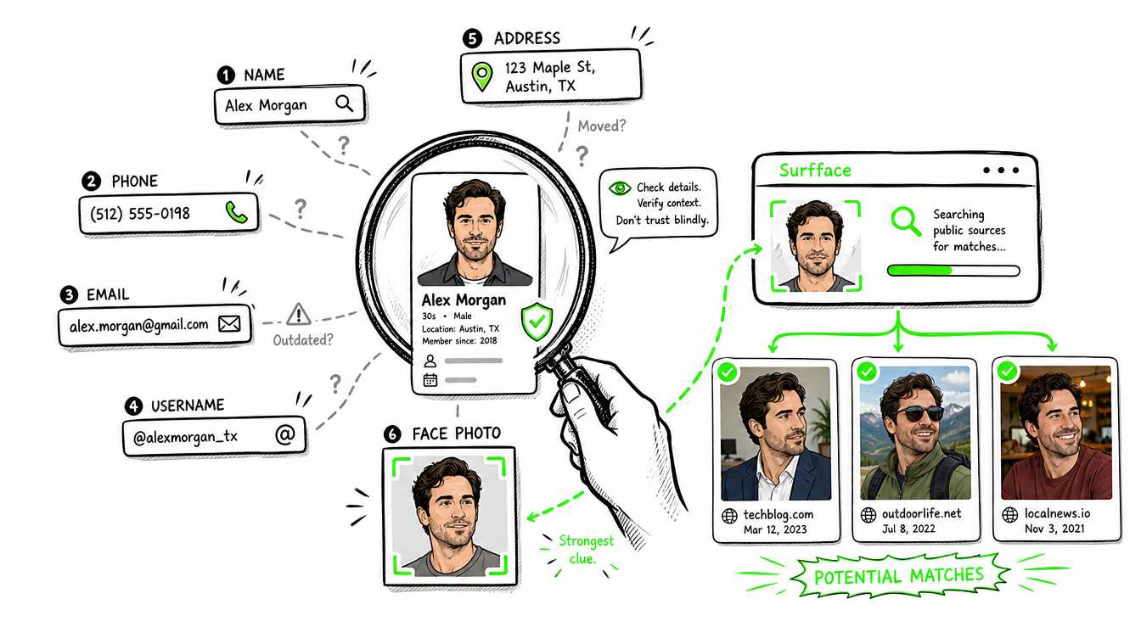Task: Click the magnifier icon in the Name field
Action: coord(345,104)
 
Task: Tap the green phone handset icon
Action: coord(236,212)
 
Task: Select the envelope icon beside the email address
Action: coord(229,323)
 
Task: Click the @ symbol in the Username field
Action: coord(285,434)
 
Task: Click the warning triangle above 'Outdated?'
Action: coord(299,314)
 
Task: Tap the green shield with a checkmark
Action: coord(537,322)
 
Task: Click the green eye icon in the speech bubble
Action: coord(620,188)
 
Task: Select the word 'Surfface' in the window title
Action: coord(815,170)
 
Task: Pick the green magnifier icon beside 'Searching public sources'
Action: coord(906,221)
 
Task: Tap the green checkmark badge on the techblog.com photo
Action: coord(727,372)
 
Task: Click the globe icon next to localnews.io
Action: coord(1009,515)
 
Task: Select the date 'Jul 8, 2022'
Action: coord(908,529)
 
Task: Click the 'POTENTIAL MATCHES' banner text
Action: coord(898,576)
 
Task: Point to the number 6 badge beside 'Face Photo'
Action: coord(391,434)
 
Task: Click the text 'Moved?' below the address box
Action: coord(602,126)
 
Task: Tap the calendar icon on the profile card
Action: coord(430,380)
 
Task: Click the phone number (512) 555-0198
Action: coord(139,213)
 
